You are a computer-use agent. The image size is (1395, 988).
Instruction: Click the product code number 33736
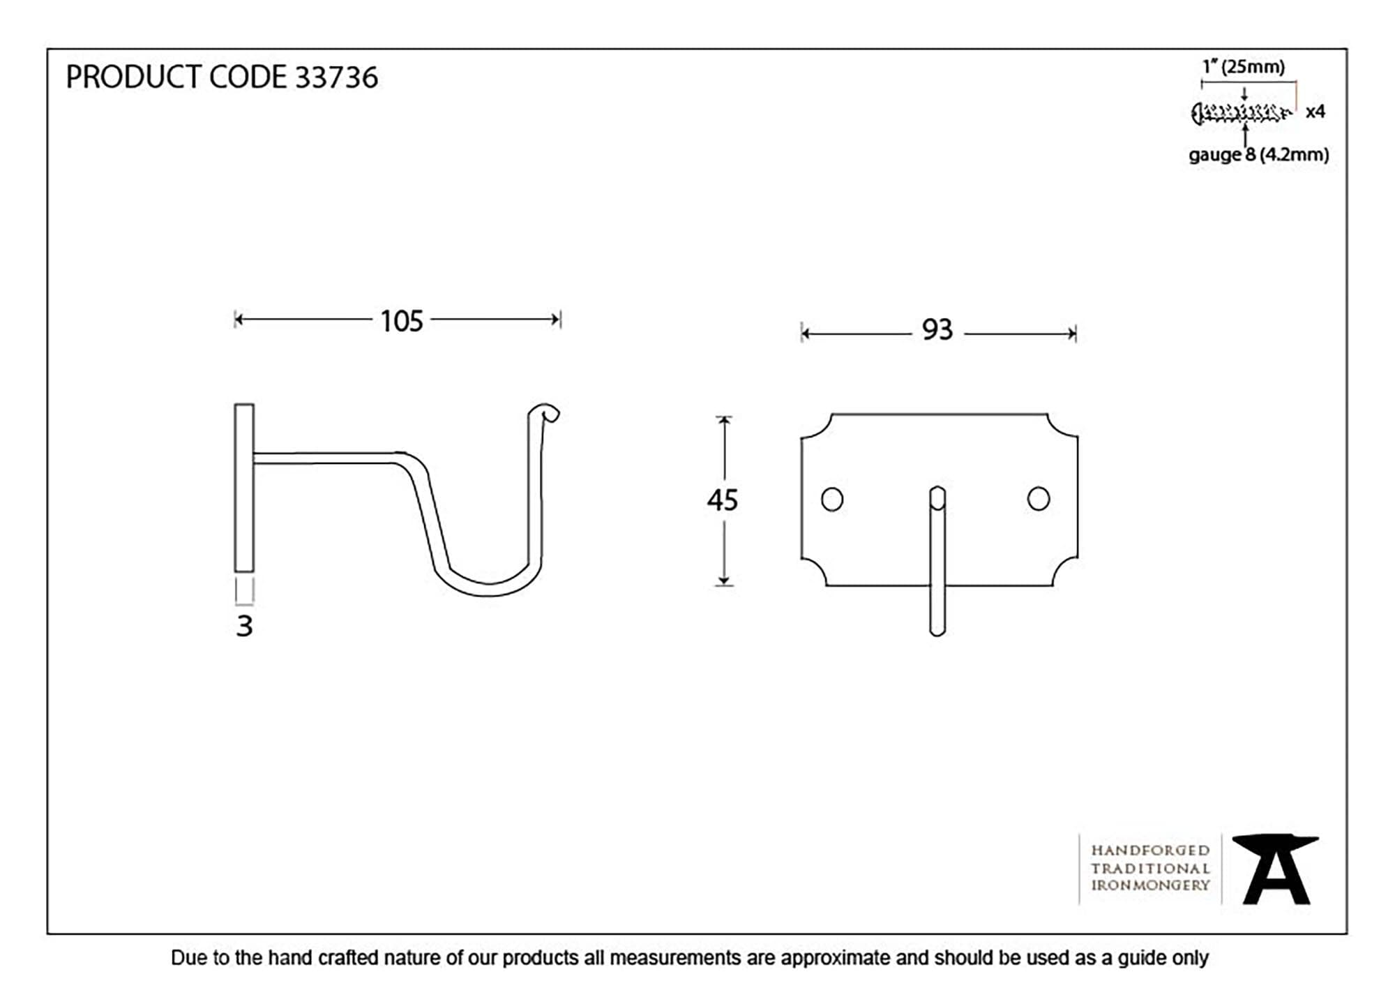click(336, 77)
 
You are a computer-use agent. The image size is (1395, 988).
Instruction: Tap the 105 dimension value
click(402, 322)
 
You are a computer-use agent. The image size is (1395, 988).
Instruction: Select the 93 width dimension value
click(937, 330)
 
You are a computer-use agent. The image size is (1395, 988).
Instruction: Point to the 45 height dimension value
click(722, 500)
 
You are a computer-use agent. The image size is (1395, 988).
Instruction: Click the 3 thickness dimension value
click(244, 626)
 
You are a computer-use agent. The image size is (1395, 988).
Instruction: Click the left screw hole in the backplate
click(832, 499)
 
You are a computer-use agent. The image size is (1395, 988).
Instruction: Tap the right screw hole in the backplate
click(1039, 499)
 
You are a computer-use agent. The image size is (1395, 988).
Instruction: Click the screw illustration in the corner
click(1241, 113)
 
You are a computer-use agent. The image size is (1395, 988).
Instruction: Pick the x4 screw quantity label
click(1315, 112)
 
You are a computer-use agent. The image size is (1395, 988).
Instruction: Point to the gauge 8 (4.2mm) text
click(1258, 155)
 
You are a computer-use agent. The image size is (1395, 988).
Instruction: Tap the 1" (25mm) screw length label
click(1244, 67)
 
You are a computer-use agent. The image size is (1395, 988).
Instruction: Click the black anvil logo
click(1276, 869)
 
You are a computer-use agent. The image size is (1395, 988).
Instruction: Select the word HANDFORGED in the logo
click(1150, 851)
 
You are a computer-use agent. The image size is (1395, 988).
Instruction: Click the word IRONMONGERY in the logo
click(1150, 885)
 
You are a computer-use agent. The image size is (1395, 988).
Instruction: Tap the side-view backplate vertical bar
click(244, 488)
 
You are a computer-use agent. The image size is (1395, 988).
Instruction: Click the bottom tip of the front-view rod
click(937, 634)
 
